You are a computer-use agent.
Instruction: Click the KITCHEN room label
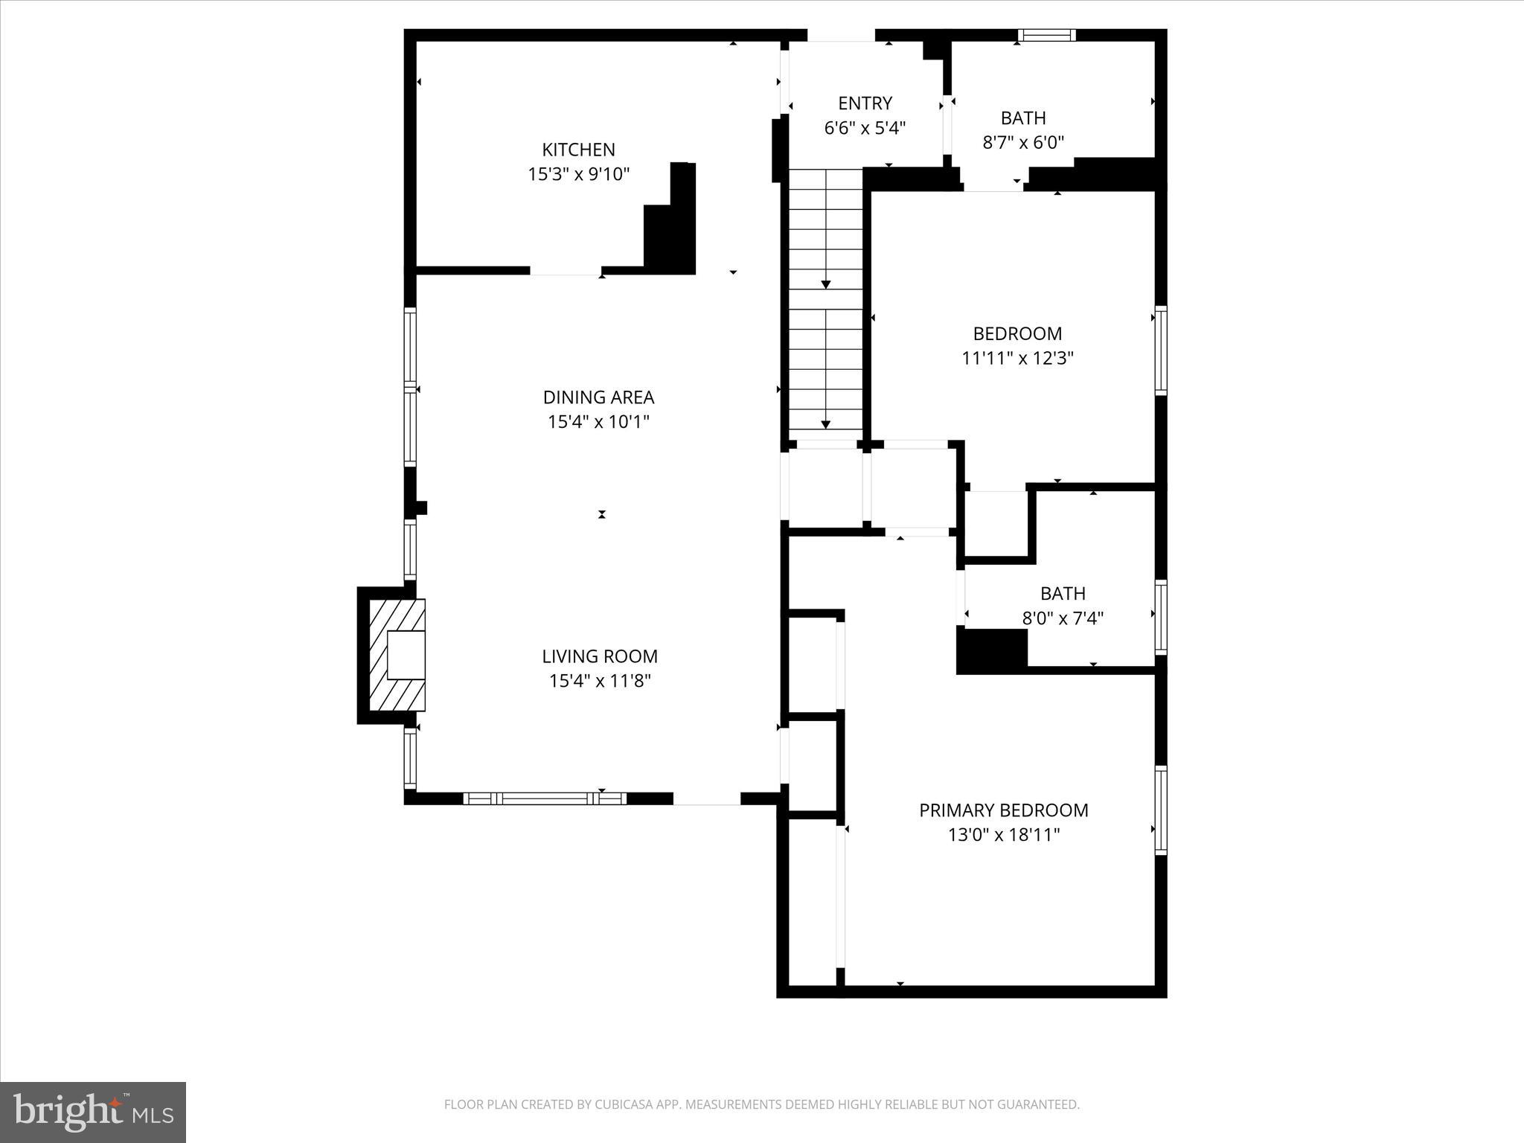pos(578,150)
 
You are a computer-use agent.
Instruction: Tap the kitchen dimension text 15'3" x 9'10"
pos(578,175)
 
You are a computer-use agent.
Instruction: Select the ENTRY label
pos(865,103)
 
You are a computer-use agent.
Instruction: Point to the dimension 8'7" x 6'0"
pos(1023,143)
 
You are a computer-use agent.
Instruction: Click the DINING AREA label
pos(598,397)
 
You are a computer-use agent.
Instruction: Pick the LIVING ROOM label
pos(600,656)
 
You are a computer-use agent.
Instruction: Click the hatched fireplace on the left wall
pos(397,655)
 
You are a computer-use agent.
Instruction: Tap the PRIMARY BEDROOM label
pos(1003,810)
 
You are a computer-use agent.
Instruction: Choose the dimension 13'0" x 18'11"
pos(1003,835)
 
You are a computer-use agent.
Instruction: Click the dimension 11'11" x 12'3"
pos(1017,359)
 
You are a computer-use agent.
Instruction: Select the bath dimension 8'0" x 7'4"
pos(1063,618)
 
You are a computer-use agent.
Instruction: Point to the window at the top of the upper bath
pos(1046,35)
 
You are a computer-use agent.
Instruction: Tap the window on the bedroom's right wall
pos(1160,350)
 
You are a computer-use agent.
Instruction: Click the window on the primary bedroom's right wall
pos(1160,810)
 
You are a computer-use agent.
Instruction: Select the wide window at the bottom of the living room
pos(544,798)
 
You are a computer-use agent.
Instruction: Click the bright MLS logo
pos(93,1112)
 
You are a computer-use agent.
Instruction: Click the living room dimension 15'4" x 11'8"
pos(600,681)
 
